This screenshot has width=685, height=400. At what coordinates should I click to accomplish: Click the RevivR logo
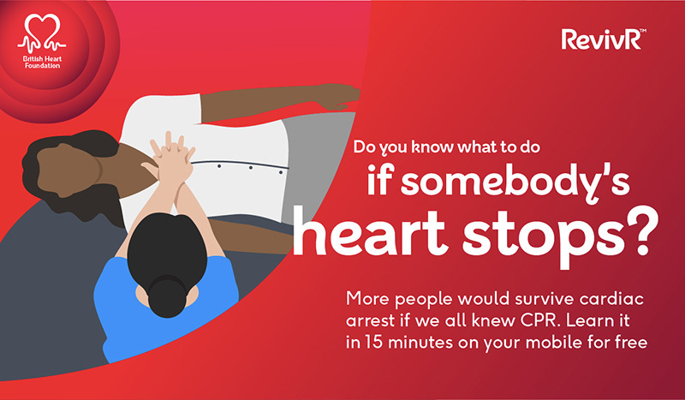[604, 39]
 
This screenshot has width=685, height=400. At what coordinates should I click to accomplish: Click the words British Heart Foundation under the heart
[42, 62]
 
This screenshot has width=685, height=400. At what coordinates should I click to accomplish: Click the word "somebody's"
[498, 181]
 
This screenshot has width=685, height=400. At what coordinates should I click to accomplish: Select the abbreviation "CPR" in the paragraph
[539, 320]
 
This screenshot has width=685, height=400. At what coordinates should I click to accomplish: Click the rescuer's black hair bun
[167, 296]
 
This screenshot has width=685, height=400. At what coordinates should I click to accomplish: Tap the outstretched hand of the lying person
[337, 95]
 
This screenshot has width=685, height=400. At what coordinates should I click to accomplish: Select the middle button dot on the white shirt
[250, 168]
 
